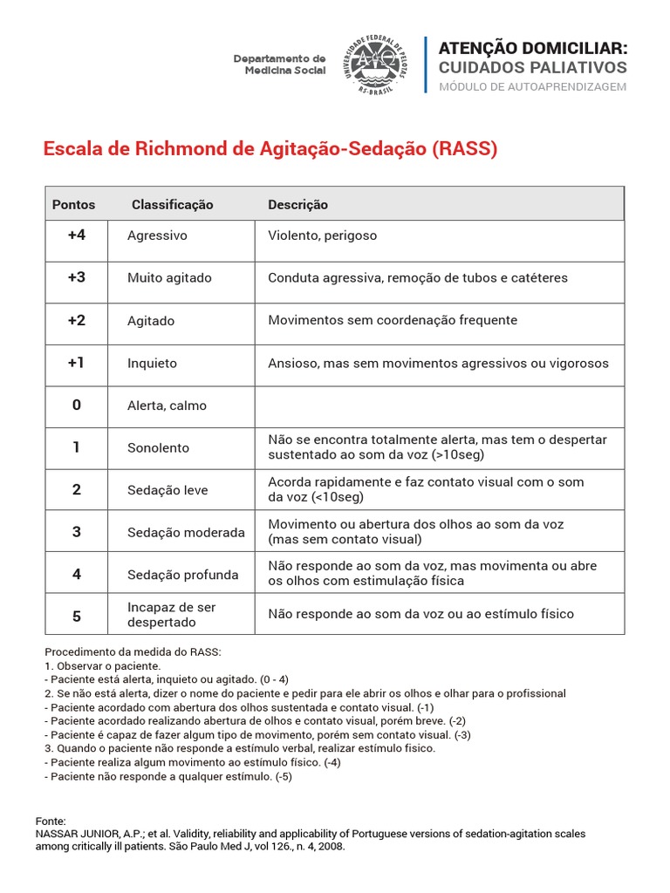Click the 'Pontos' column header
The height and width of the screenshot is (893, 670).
(74, 205)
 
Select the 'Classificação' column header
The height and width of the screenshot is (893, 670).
(172, 205)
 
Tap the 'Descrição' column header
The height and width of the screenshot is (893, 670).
(297, 205)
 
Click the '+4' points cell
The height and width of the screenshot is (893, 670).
(77, 235)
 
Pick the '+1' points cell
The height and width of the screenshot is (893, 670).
(77, 363)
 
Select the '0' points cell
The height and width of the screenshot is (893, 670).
(77, 406)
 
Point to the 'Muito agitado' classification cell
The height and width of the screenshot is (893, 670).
(169, 278)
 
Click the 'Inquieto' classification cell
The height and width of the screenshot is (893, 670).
(152, 363)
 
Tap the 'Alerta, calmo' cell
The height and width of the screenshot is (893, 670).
(167, 406)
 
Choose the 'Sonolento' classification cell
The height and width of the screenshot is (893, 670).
(158, 447)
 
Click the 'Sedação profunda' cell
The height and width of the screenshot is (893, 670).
(182, 575)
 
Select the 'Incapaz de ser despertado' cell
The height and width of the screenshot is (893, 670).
(171, 615)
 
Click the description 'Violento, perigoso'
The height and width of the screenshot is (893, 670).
(322, 235)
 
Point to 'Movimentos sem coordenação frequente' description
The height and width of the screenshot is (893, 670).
(393, 320)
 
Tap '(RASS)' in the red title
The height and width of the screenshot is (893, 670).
(464, 149)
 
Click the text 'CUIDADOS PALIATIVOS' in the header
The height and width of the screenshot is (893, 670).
(532, 67)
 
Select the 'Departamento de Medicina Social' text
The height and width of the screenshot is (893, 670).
(279, 64)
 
